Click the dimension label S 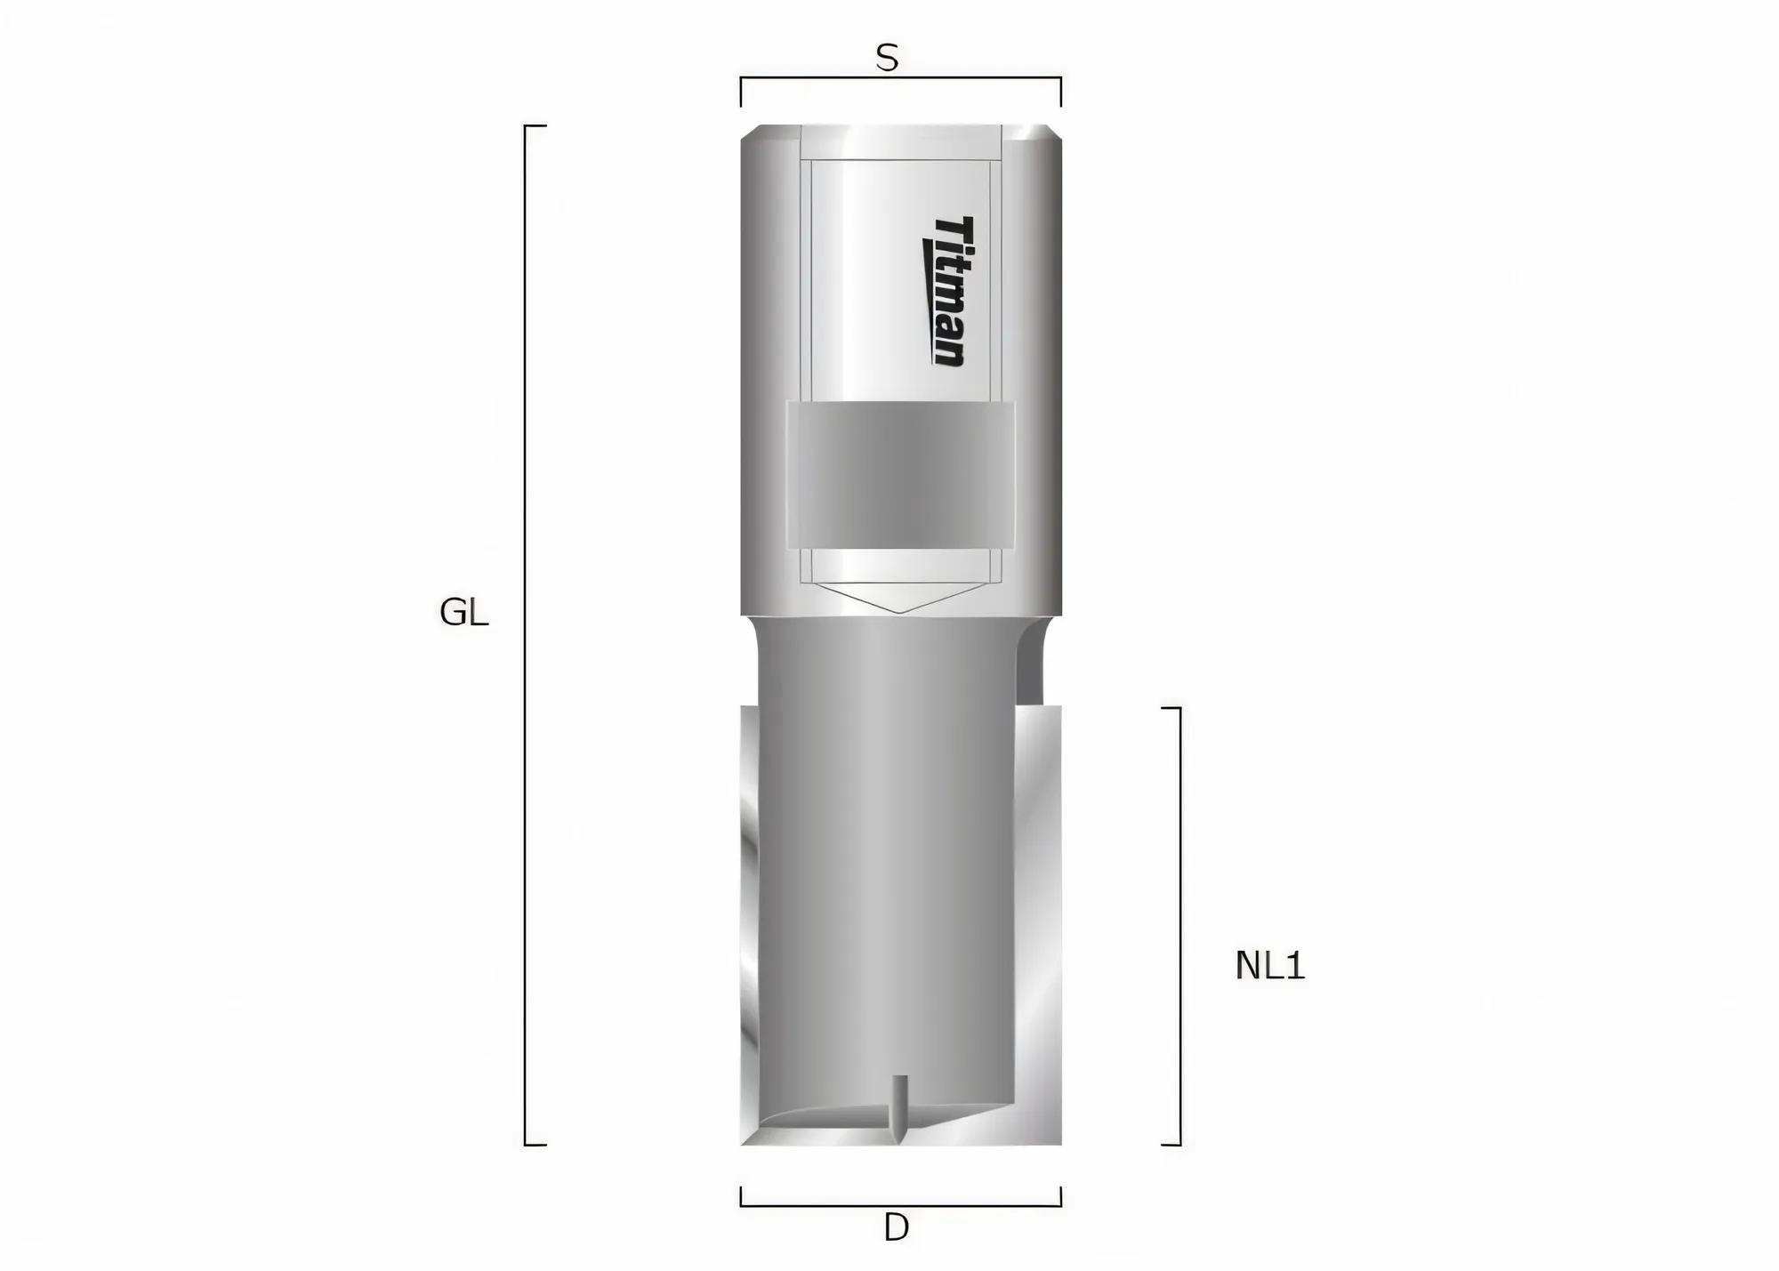click(x=887, y=59)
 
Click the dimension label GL click(x=463, y=613)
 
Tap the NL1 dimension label click(x=1269, y=966)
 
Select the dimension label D click(x=896, y=1228)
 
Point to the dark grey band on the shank click(x=900, y=473)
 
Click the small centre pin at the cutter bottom click(x=900, y=1107)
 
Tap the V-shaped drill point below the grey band click(x=900, y=598)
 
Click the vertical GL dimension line click(x=525, y=635)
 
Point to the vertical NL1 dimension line click(x=1180, y=925)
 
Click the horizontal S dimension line click(x=900, y=78)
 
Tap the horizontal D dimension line click(x=900, y=1205)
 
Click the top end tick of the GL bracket click(x=535, y=126)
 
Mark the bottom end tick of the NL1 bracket click(x=1171, y=1145)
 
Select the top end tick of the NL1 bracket click(x=1171, y=708)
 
